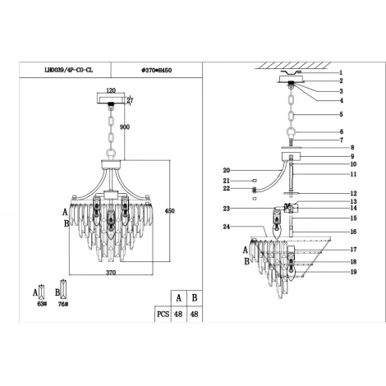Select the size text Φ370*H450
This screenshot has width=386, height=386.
(x=154, y=71)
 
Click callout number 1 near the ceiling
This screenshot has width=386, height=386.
(x=341, y=72)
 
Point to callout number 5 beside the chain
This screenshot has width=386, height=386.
(x=341, y=114)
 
